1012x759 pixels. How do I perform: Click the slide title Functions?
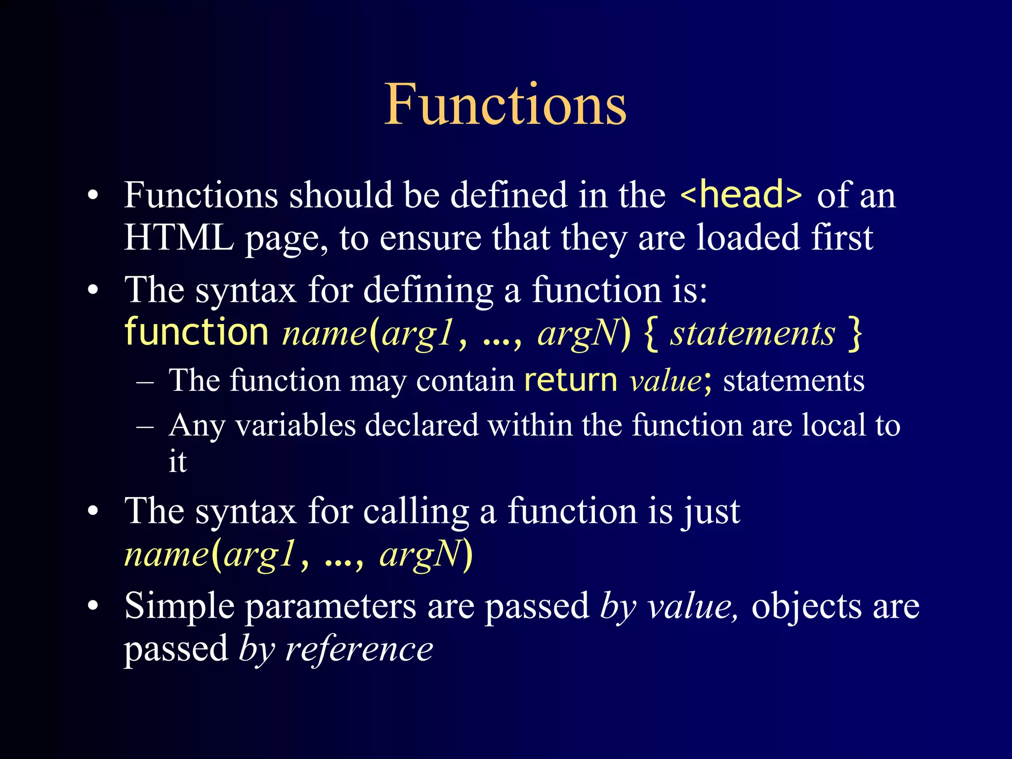pyautogui.click(x=505, y=105)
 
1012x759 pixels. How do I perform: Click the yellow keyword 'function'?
pyautogui.click(x=196, y=332)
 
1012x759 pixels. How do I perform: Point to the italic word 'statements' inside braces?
pyautogui.click(x=752, y=334)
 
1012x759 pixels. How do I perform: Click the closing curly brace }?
pyautogui.click(x=854, y=334)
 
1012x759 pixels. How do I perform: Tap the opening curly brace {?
pyautogui.click(x=651, y=334)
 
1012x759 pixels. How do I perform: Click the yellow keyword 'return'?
pyautogui.click(x=571, y=380)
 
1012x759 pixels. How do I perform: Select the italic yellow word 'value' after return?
pyautogui.click(x=665, y=381)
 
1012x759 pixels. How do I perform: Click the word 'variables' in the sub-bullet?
pyautogui.click(x=295, y=425)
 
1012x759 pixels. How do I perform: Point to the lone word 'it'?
pyautogui.click(x=177, y=462)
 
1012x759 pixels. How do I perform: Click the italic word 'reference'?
pyautogui.click(x=359, y=649)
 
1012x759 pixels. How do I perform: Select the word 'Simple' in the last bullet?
pyautogui.click(x=179, y=607)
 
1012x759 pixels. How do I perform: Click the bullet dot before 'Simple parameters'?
pyautogui.click(x=93, y=606)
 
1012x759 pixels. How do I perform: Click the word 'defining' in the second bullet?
pyautogui.click(x=428, y=291)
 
